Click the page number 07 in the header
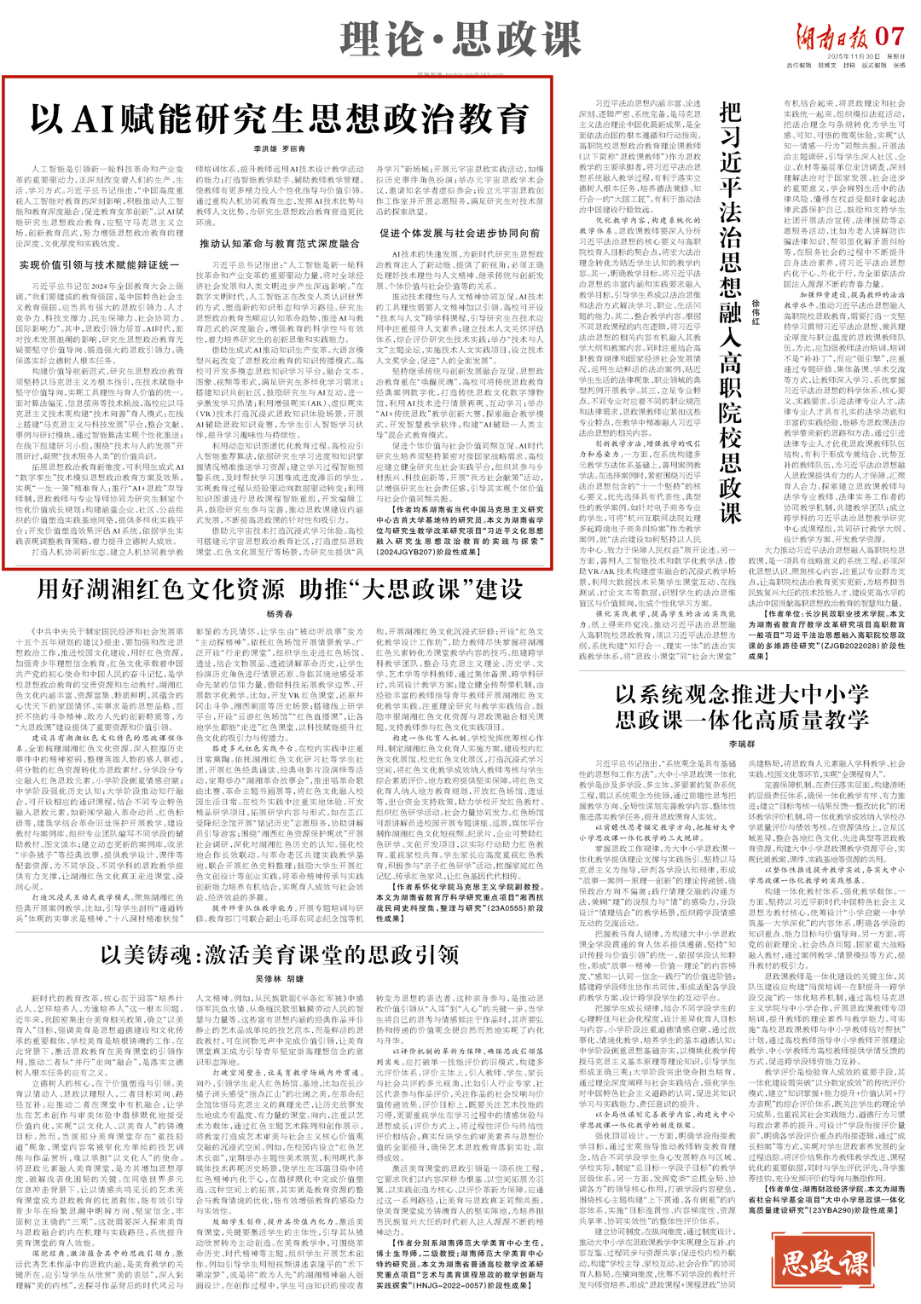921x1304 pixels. (889, 37)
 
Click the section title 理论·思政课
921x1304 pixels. (460, 39)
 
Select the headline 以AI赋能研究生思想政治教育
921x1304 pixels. (279, 119)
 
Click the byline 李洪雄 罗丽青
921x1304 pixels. (279, 148)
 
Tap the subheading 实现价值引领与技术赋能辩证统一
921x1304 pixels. (99, 265)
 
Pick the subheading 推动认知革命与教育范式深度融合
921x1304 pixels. (280, 244)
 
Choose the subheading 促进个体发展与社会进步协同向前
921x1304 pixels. (460, 233)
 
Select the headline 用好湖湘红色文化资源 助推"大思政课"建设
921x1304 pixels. (279, 589)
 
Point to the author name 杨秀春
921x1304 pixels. (279, 614)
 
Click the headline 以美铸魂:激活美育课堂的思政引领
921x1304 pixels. (279, 954)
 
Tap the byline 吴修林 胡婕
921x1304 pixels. (279, 979)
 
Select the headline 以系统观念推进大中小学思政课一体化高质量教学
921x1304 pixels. (742, 706)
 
